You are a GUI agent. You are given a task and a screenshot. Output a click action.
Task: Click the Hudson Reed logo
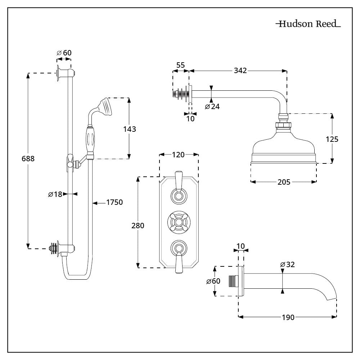click(x=308, y=24)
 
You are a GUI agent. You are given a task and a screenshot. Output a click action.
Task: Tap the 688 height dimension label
click(x=28, y=158)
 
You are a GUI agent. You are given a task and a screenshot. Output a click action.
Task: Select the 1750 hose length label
click(x=114, y=202)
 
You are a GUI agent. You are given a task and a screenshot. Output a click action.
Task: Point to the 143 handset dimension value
click(x=130, y=129)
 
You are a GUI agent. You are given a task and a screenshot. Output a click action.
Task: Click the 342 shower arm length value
click(x=240, y=71)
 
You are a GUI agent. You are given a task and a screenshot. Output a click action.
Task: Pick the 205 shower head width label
click(x=284, y=182)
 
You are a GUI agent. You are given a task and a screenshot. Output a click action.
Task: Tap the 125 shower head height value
click(x=332, y=139)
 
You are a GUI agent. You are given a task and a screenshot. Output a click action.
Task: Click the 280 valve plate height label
click(x=138, y=226)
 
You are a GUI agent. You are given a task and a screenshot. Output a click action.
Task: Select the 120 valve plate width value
click(x=178, y=155)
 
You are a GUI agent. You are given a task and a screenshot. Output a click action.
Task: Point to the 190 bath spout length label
click(x=288, y=317)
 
